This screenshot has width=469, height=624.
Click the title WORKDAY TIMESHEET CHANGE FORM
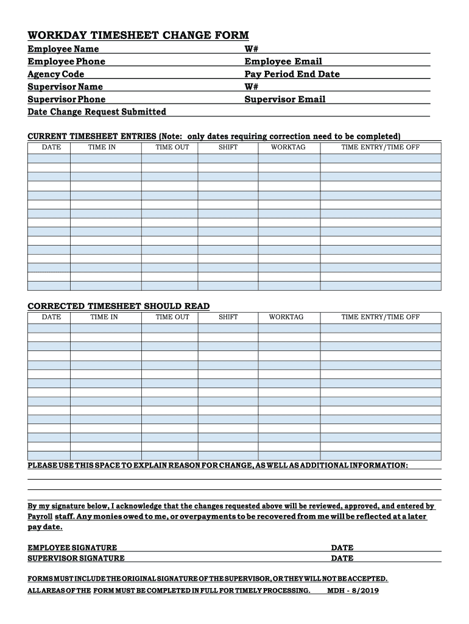pos(138,35)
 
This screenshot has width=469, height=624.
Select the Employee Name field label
pos(63,49)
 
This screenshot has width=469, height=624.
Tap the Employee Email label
pos(283,62)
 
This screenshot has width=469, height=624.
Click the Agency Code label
pos(56,74)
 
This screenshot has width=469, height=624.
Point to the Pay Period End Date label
pos(292,74)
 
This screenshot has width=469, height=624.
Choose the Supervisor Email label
pos(285,99)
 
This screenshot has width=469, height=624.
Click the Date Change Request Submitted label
pos(97,112)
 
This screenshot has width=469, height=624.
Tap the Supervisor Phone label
pos(66,99)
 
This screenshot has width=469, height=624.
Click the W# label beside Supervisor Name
pos(252,87)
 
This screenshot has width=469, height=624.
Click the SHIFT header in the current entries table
pos(228,147)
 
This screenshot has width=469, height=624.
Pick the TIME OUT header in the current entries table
pos(172,147)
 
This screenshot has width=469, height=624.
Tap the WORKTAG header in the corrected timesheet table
pos(286,317)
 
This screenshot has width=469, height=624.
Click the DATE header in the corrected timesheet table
pos(51,317)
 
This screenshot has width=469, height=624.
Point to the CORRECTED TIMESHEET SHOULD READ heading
pos(119,306)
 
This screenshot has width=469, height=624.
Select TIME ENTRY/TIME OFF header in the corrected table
pos(381,317)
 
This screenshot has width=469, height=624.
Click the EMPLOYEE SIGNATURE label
pos(72,548)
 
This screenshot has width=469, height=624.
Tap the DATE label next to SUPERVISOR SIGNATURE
pos(342,558)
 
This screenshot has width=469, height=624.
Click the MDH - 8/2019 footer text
pos(353,591)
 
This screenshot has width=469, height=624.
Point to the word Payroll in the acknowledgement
pos(40,517)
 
